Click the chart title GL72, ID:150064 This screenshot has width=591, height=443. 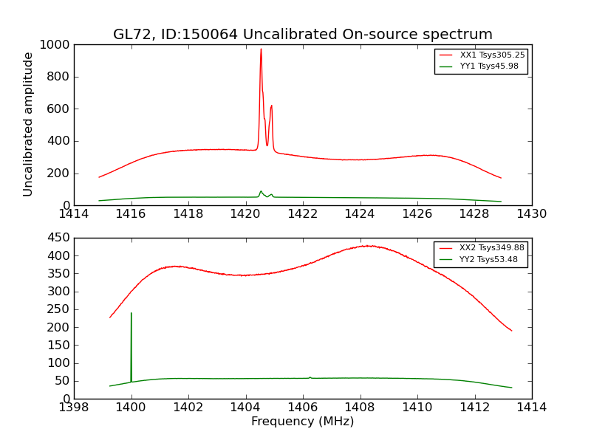302,35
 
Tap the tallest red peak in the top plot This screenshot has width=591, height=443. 261,49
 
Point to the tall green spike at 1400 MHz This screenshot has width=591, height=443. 131,313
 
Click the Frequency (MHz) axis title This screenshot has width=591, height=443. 302,422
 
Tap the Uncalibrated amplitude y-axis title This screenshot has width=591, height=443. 28,124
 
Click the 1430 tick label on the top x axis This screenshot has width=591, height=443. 531,214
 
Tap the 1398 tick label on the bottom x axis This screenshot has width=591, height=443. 75,408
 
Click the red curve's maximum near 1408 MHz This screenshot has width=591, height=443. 367,246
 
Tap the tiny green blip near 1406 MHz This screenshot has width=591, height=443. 310,377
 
